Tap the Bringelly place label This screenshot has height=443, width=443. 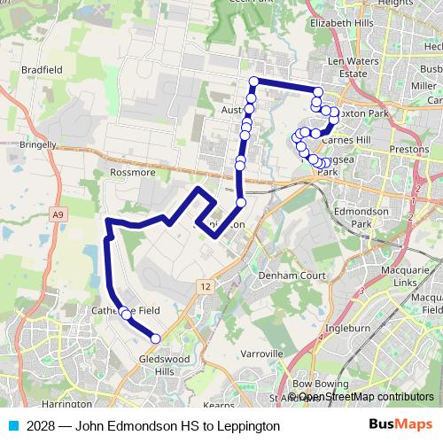pos(37,144)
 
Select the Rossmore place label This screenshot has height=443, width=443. pos(134,173)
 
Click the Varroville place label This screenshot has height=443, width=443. pos(261,353)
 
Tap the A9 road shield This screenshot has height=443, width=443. pos(58,214)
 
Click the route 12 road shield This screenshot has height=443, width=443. pos(206,286)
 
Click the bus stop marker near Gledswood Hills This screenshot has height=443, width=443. pos(155,338)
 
